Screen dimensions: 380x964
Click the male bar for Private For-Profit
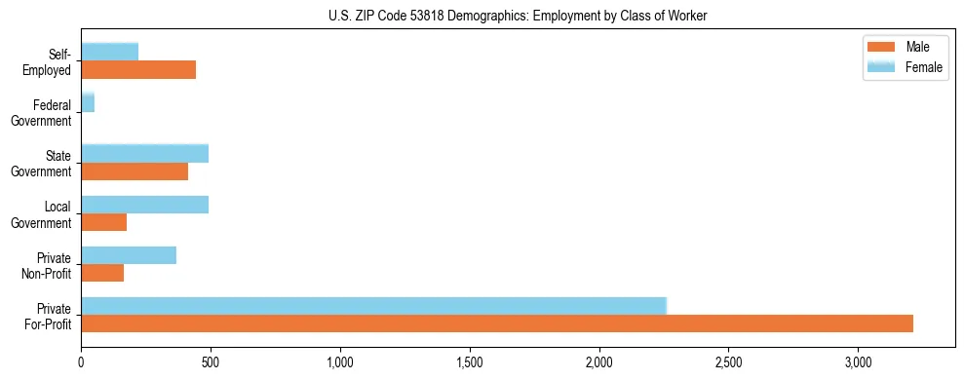click(x=497, y=323)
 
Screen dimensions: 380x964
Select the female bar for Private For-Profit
click(x=373, y=306)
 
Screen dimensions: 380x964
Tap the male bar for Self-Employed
click(x=138, y=69)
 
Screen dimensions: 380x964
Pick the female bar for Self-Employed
click(x=109, y=52)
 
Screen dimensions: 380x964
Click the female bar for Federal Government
click(x=88, y=103)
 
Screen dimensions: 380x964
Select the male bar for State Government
click(x=135, y=171)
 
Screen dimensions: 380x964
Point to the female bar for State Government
click(x=144, y=154)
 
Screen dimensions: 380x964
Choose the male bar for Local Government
click(x=103, y=222)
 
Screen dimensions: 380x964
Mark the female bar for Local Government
click(x=144, y=205)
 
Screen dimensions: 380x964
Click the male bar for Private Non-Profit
click(x=102, y=273)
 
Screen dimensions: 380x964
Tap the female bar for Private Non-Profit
click(x=129, y=255)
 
